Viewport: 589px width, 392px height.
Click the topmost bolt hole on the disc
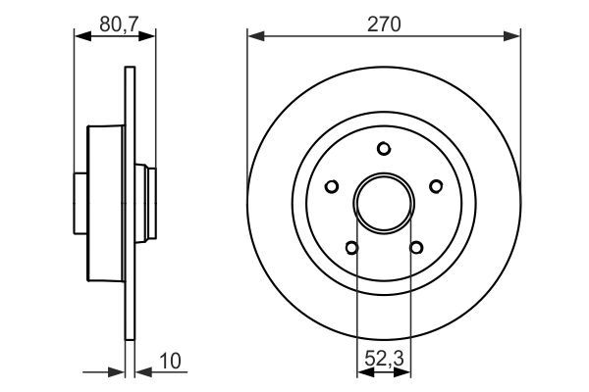384,148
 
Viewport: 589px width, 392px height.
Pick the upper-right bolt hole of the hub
434,184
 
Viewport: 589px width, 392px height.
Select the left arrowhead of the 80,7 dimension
81,36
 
